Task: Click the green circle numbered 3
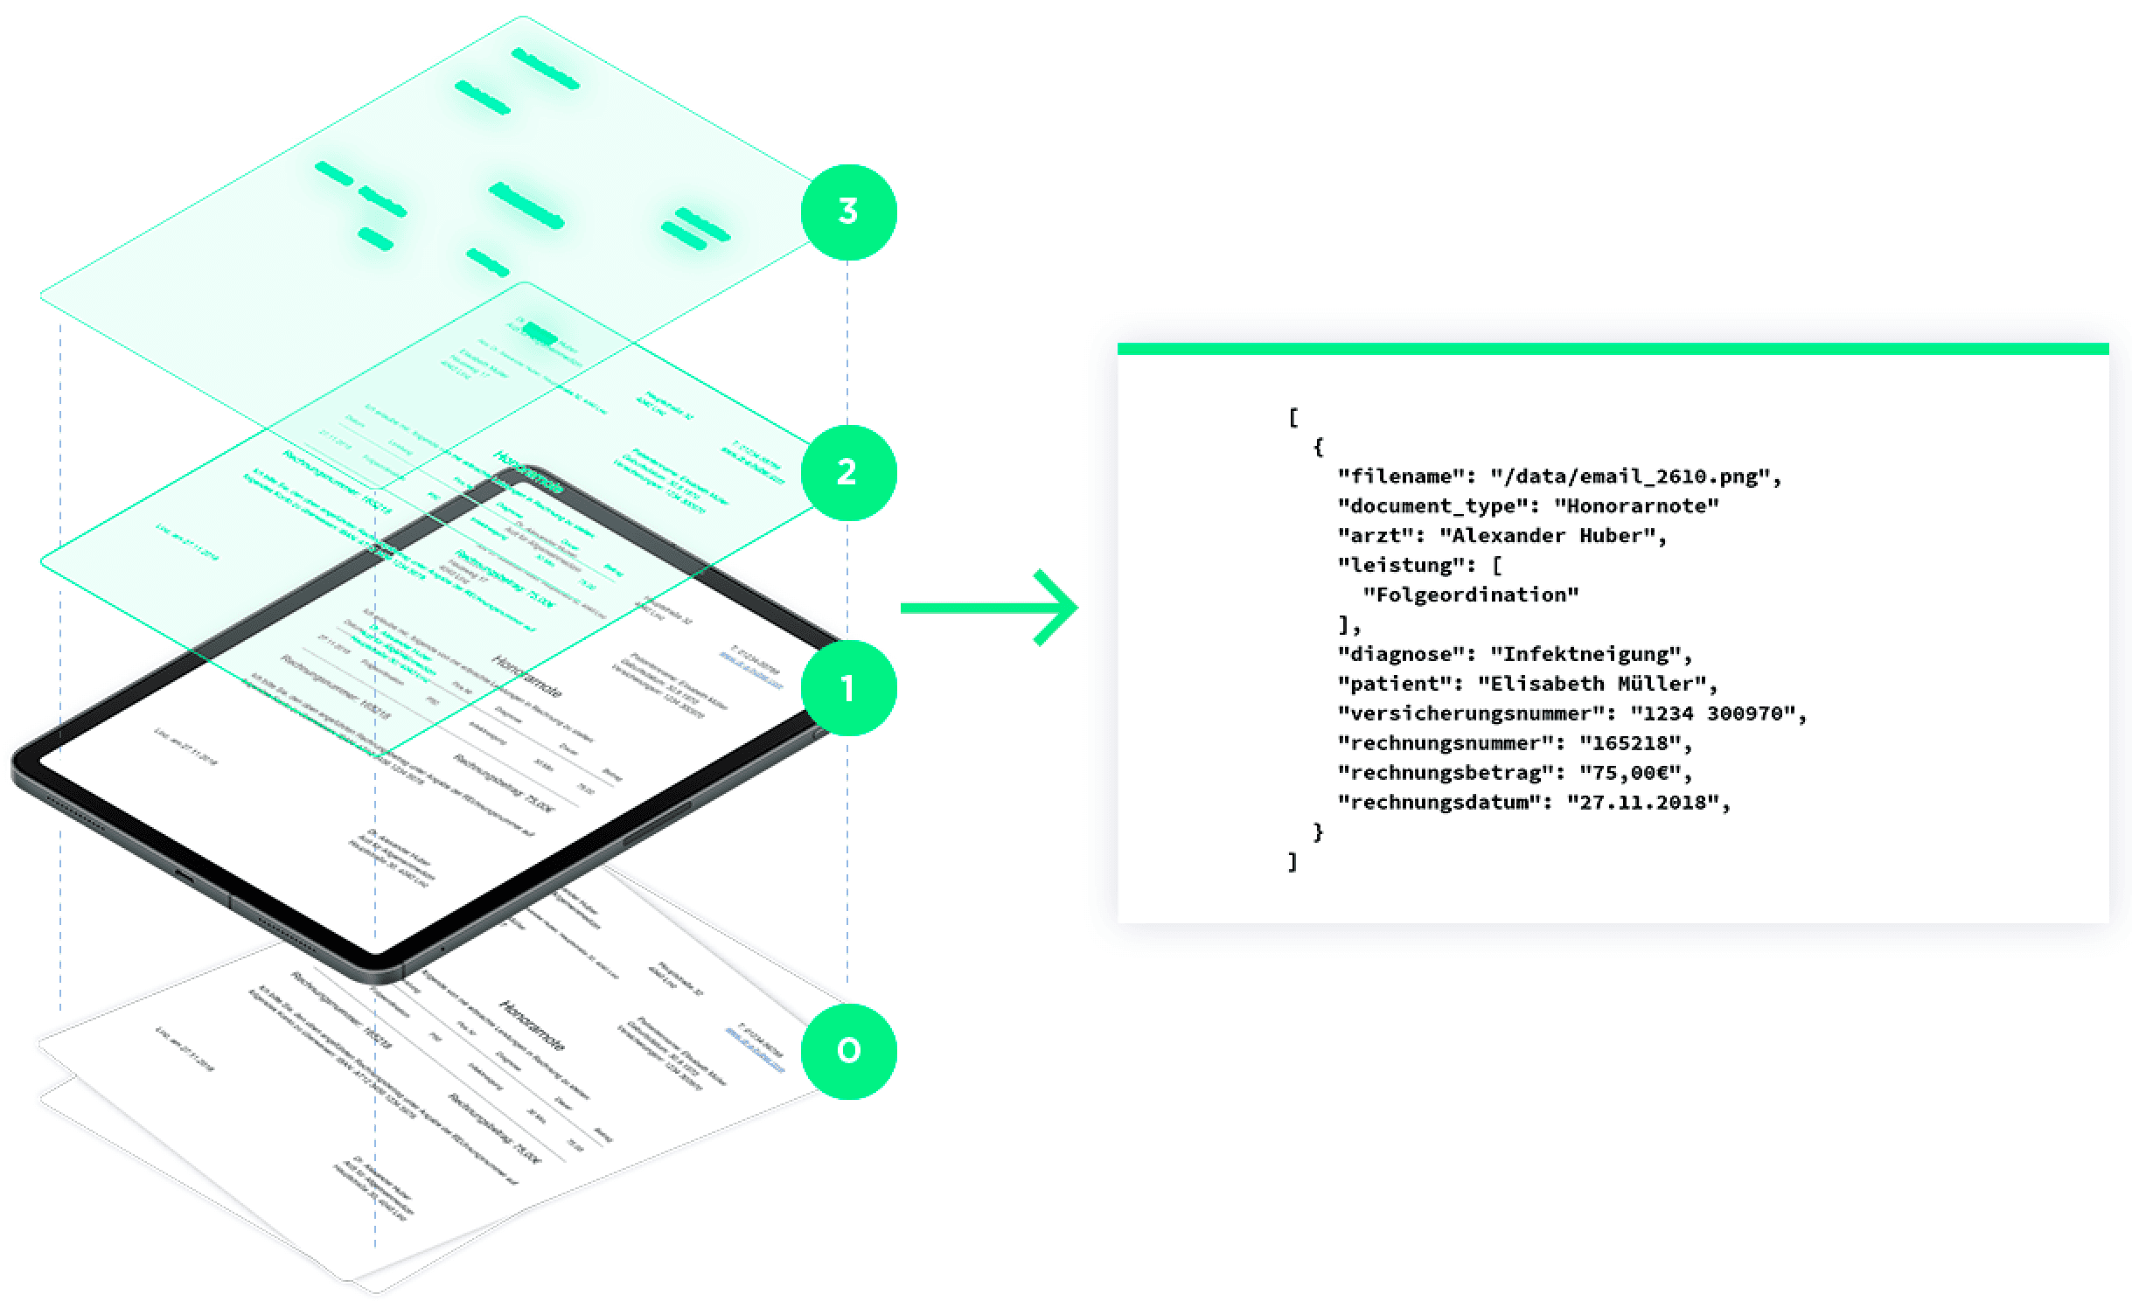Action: (x=848, y=212)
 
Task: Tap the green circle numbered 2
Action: (x=848, y=472)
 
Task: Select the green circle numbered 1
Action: (x=848, y=688)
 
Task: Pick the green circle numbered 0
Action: (x=848, y=1050)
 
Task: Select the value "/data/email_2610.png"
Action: (x=1632, y=477)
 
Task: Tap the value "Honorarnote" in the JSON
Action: (x=1636, y=506)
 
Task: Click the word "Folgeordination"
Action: (x=1471, y=595)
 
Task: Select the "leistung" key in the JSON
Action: (x=1402, y=566)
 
